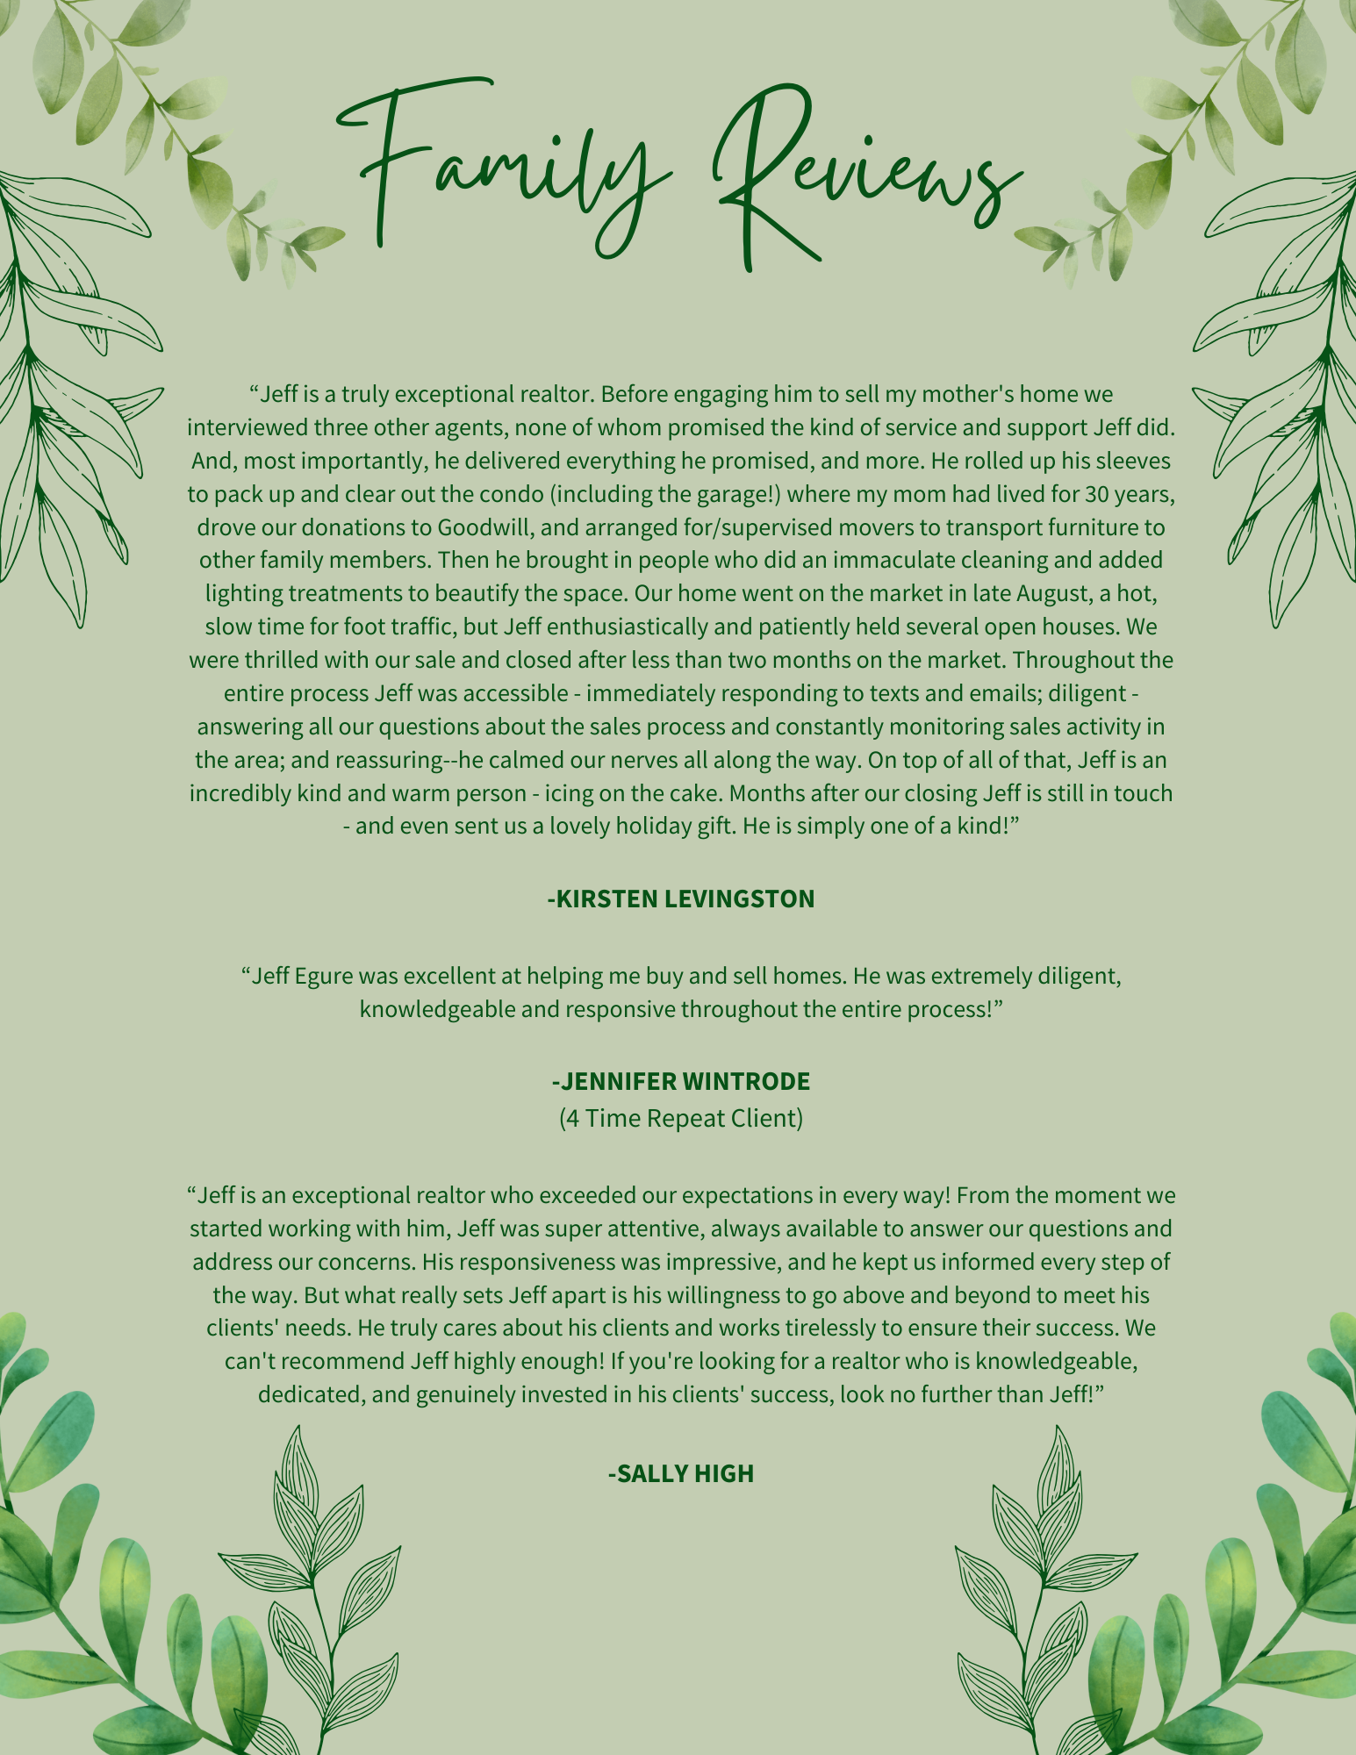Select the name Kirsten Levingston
[x=681, y=899]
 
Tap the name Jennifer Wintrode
[x=681, y=1081]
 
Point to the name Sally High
[x=681, y=1473]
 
